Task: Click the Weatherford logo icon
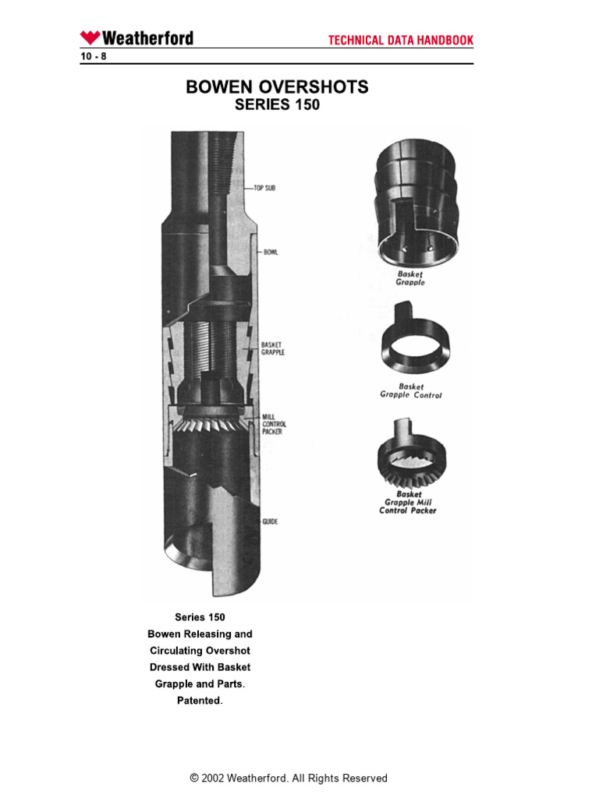(x=90, y=37)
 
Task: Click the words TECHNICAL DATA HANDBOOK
(x=400, y=41)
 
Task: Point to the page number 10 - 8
(x=93, y=56)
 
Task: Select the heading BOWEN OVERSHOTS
(x=277, y=87)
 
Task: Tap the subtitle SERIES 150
(x=277, y=105)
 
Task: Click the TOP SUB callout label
(x=264, y=189)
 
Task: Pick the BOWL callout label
(x=270, y=252)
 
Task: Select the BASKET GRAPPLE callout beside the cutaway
(x=273, y=348)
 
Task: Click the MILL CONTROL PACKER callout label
(x=275, y=425)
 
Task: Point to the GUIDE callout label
(x=270, y=521)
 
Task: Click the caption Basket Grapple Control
(x=410, y=390)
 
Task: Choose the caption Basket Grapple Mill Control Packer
(x=408, y=503)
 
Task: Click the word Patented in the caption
(x=200, y=701)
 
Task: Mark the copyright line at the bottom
(x=289, y=778)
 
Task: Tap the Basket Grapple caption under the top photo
(x=411, y=278)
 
